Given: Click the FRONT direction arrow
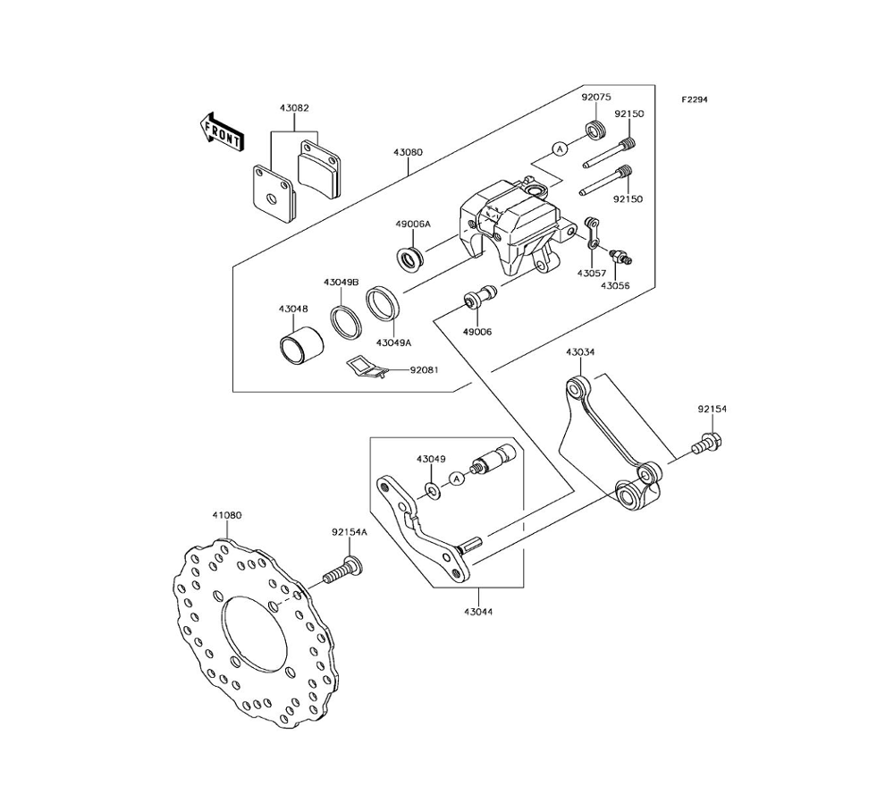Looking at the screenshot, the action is tap(223, 131).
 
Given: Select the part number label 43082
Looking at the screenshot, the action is tap(294, 108).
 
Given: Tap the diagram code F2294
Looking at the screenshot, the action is tap(695, 100).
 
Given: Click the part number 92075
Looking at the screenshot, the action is tap(596, 97).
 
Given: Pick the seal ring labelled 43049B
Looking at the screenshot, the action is tap(345, 324).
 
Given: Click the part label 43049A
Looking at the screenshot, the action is tap(393, 343).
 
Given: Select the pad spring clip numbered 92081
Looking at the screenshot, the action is tap(367, 368).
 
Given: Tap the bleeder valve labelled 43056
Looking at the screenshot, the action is tap(620, 257).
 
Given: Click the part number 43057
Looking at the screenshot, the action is tap(592, 273).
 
